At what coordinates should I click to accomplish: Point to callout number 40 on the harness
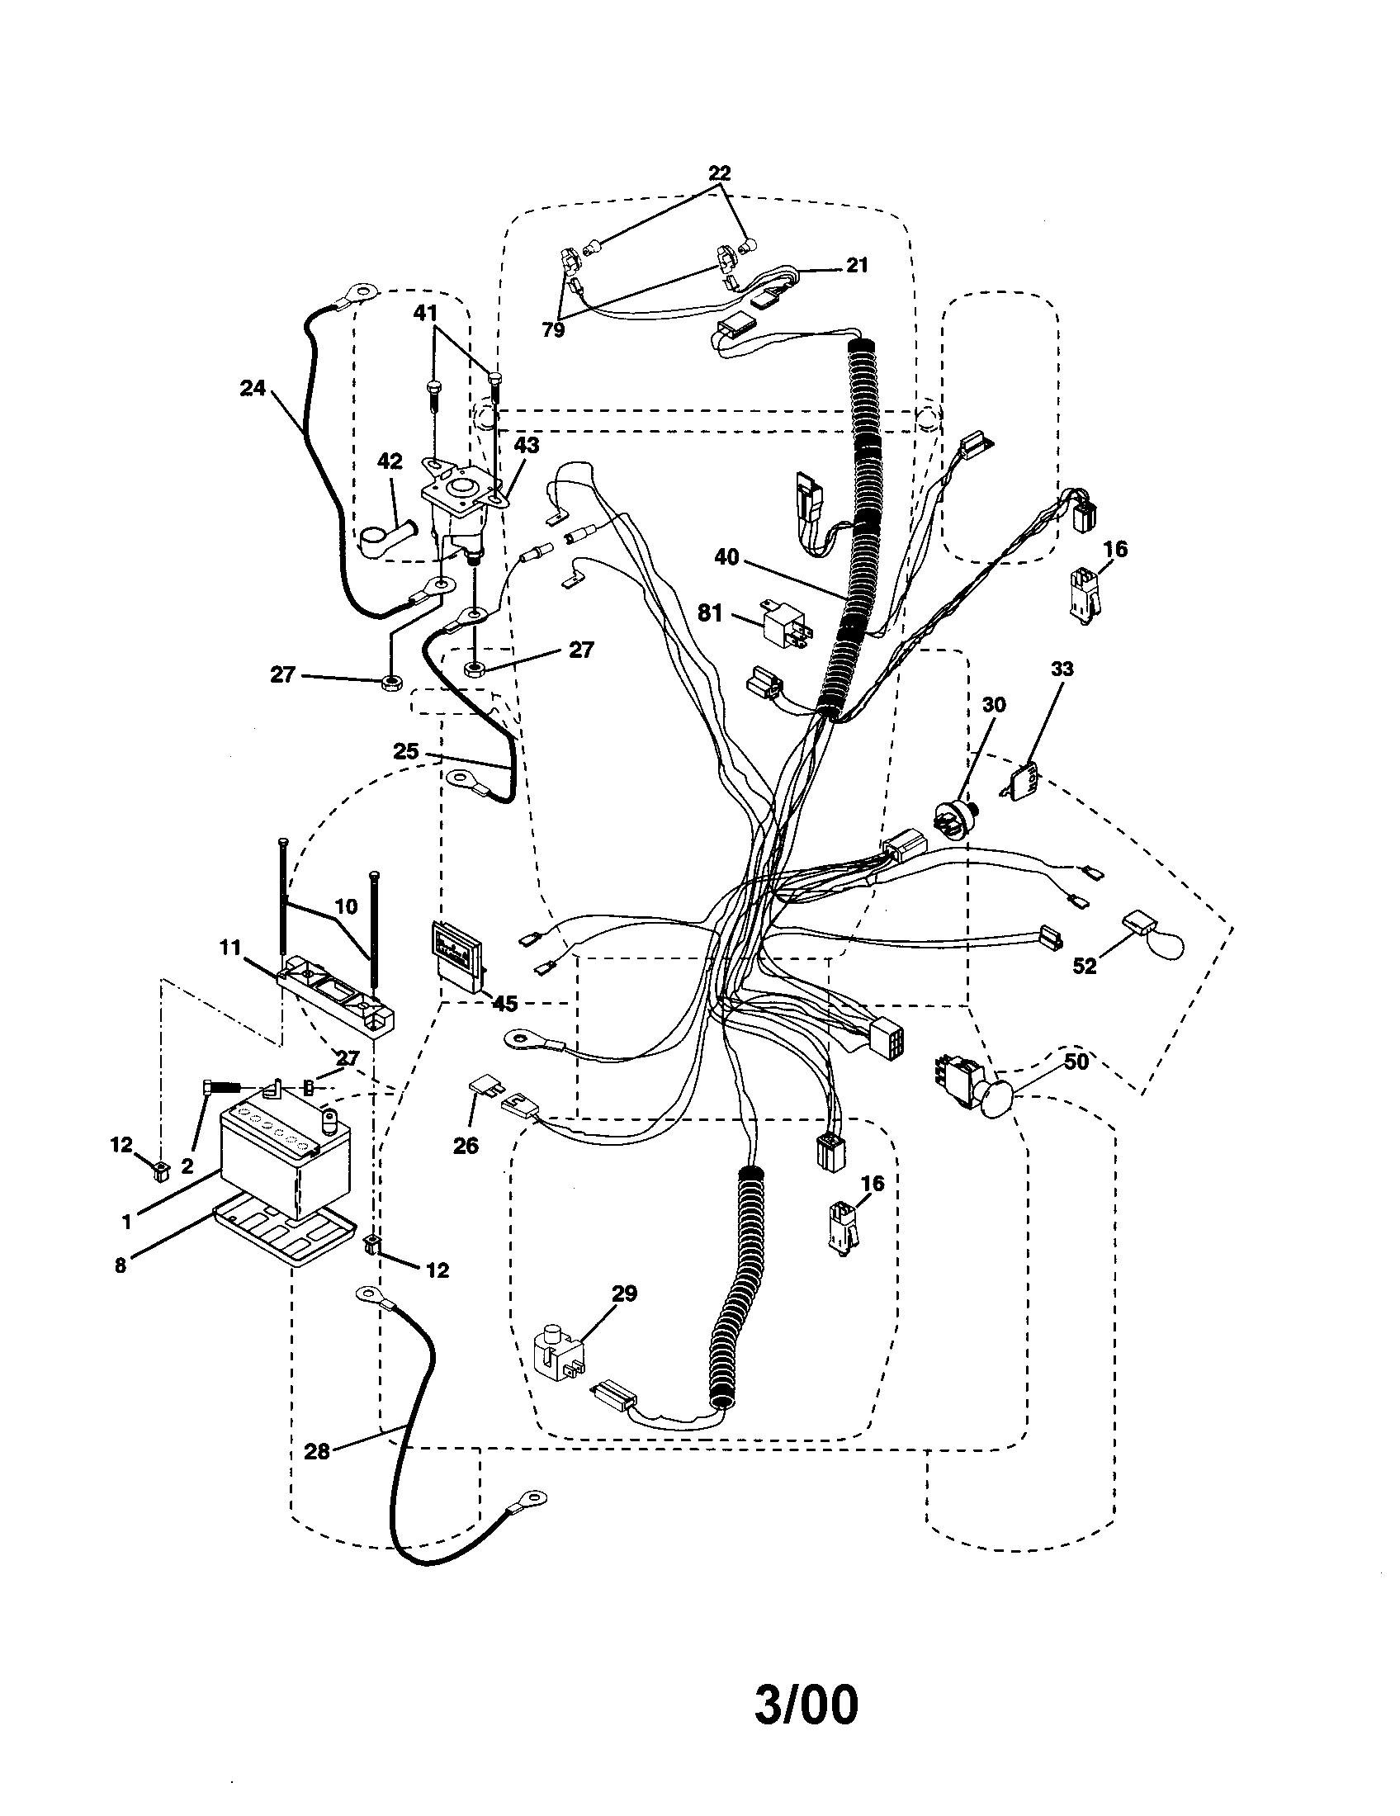click(x=726, y=557)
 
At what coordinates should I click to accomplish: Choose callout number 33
click(x=1062, y=669)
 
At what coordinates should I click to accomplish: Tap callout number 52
click(x=1084, y=966)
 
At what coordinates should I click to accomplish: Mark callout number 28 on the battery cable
click(x=317, y=1451)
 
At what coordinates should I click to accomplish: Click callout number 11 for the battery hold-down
click(x=230, y=945)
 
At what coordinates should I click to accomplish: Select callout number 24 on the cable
click(x=252, y=387)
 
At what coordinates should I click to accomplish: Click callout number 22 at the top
click(x=719, y=173)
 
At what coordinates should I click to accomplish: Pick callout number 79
click(x=553, y=330)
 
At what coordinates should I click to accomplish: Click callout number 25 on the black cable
click(x=405, y=751)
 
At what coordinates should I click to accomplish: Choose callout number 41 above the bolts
click(x=425, y=313)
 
